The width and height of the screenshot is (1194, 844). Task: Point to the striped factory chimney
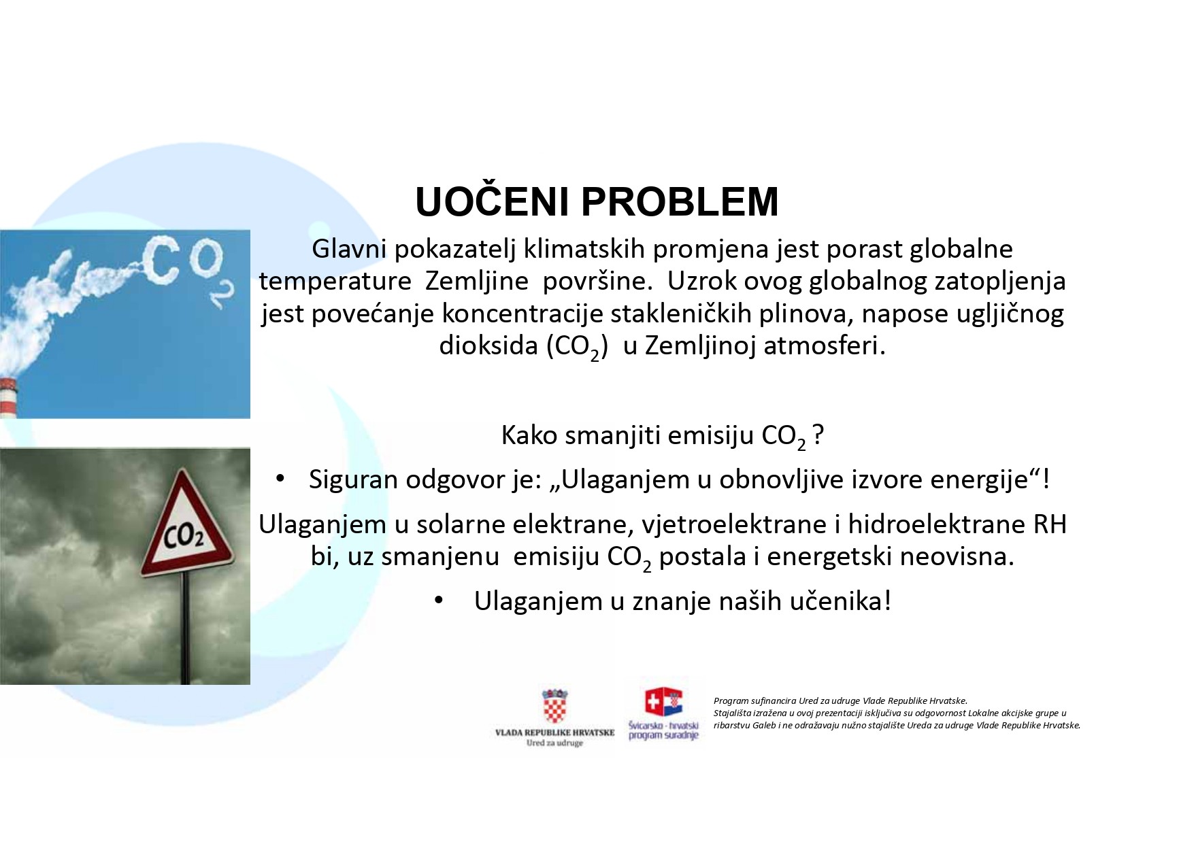[7, 397]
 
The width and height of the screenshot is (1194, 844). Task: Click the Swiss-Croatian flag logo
[663, 703]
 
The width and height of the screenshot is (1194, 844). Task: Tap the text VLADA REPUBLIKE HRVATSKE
[554, 732]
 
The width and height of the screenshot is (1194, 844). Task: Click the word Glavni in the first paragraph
[349, 249]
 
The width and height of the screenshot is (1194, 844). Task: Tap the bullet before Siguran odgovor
[280, 479]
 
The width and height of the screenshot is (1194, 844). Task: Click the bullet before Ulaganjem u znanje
[439, 601]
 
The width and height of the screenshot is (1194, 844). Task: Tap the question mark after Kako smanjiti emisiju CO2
[818, 435]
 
